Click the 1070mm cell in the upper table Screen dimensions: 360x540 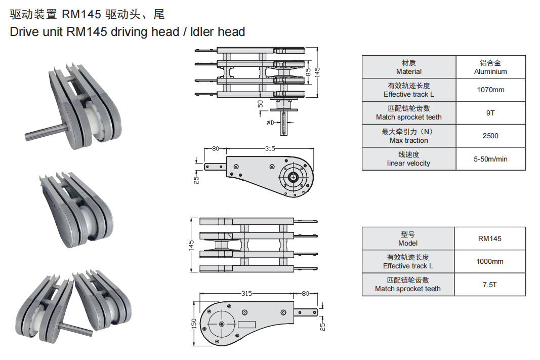(490, 90)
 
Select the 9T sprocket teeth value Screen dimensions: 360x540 (490, 113)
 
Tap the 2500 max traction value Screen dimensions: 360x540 (490, 136)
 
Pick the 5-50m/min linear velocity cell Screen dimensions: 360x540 (490, 159)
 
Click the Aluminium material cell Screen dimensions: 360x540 (490, 67)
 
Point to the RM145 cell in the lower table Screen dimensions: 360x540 (490, 238)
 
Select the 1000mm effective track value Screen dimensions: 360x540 (490, 262)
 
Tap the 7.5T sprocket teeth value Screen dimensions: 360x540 (490, 285)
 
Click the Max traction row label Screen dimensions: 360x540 (408, 136)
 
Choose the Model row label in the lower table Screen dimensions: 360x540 (408, 239)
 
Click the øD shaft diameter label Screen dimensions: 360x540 (270, 123)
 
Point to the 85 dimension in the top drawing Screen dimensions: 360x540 (308, 72)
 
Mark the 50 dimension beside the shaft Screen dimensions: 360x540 (261, 103)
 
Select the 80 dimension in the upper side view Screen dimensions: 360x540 (215, 149)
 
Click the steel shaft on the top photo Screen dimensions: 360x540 (45, 132)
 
